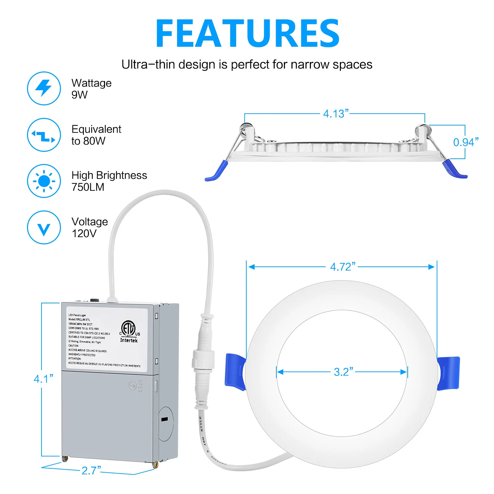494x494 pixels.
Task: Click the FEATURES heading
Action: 247,33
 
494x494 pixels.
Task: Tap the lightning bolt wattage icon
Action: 44,88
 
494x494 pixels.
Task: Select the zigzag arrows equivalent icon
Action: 44,135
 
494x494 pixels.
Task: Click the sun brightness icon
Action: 44,181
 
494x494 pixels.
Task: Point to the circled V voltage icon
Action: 44,228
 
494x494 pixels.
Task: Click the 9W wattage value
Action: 79,95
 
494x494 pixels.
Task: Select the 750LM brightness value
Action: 88,187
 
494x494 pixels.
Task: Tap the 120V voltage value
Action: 84,233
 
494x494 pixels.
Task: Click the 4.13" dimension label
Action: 336,114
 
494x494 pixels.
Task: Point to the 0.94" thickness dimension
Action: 466,142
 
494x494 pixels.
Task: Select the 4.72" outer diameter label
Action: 343,267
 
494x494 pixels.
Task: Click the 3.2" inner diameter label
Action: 343,372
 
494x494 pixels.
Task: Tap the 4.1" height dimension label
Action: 43,379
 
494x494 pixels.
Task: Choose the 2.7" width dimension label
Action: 91,471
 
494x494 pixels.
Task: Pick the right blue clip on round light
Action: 448,373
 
